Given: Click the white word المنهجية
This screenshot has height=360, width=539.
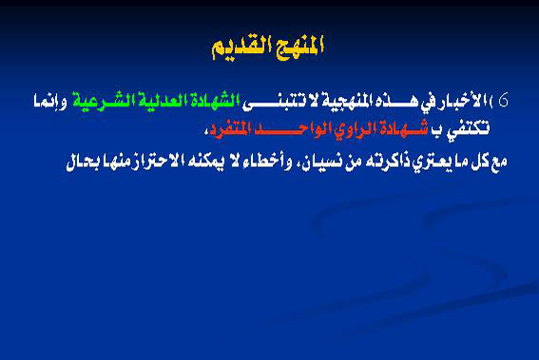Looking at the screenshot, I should (359, 101).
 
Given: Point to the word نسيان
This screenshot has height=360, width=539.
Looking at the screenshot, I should (315, 157).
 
